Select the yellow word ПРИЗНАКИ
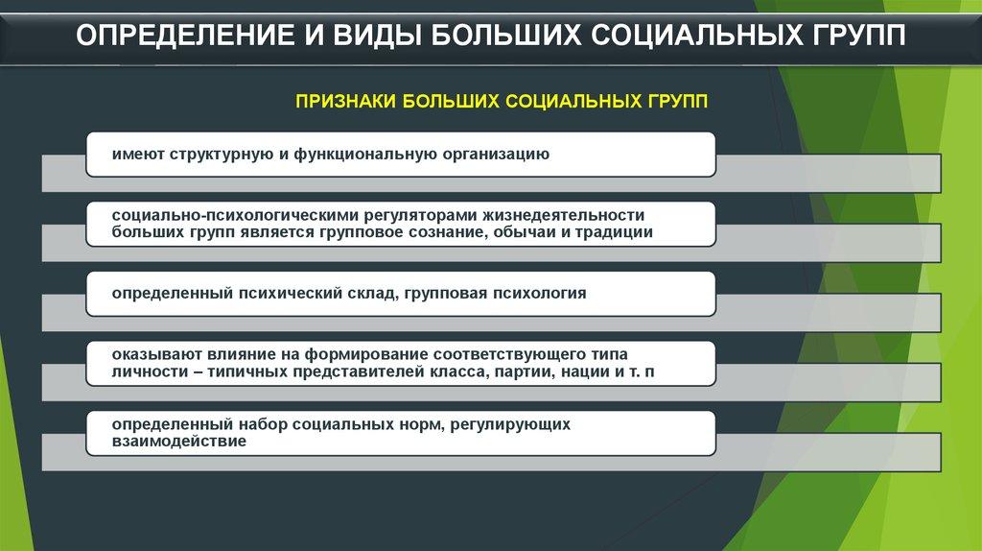345,102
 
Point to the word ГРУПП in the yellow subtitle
678,102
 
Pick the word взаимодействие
179,441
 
